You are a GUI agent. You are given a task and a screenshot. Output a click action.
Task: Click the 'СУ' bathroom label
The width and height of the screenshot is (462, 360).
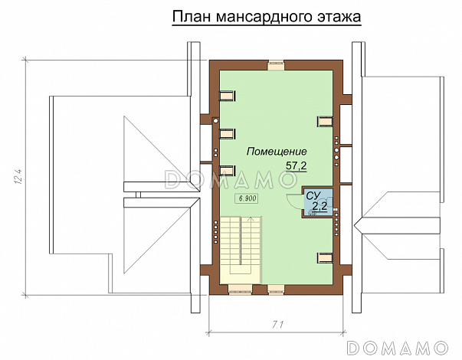point(312,197)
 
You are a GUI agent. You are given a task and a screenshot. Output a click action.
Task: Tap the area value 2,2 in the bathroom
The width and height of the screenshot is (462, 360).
point(319,206)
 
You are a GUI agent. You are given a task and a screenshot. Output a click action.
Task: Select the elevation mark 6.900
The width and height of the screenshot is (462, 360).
point(247,198)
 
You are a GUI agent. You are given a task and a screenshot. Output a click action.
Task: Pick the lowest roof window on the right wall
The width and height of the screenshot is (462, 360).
point(325,257)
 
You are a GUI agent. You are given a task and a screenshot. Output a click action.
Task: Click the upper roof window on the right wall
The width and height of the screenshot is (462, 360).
point(325,119)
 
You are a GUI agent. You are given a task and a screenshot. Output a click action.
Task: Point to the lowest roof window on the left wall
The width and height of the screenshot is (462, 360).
point(228,171)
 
